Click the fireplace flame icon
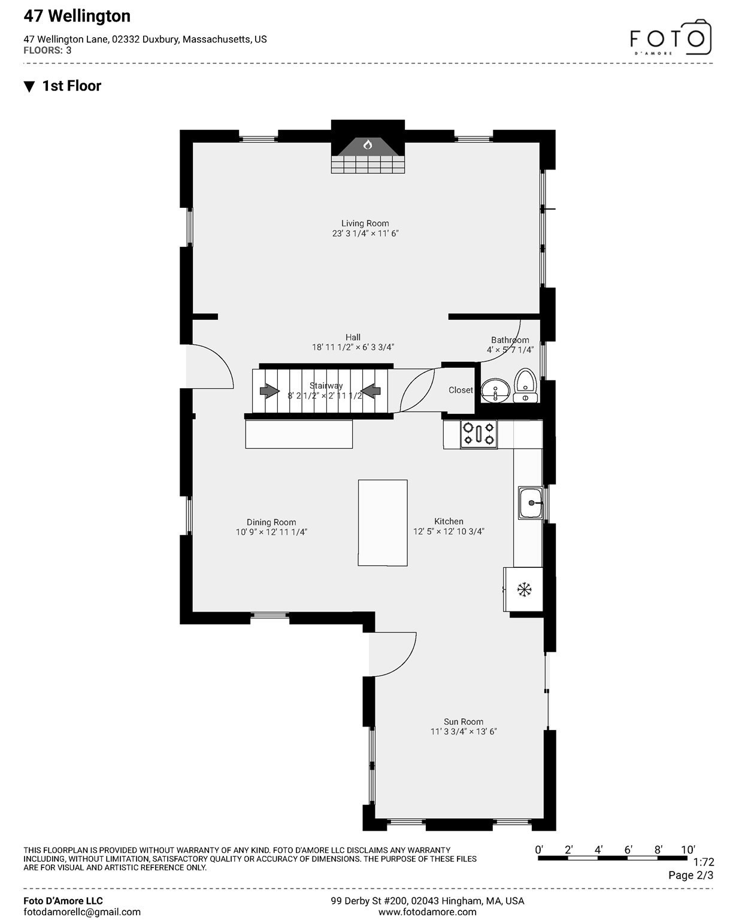(368, 145)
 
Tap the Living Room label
(365, 223)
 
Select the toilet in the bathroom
(525, 385)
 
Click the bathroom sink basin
(495, 390)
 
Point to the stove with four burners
(478, 434)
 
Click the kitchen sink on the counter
(531, 503)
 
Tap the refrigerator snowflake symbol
(525, 589)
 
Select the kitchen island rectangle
(383, 522)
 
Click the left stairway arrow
(269, 391)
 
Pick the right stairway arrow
(371, 391)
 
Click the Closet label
(461, 390)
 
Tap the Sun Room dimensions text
(464, 732)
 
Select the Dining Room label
(271, 522)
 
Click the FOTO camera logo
(670, 38)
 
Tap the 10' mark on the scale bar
(688, 850)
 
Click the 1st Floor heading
(71, 86)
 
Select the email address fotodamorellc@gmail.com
(82, 912)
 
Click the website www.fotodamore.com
(428, 912)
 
